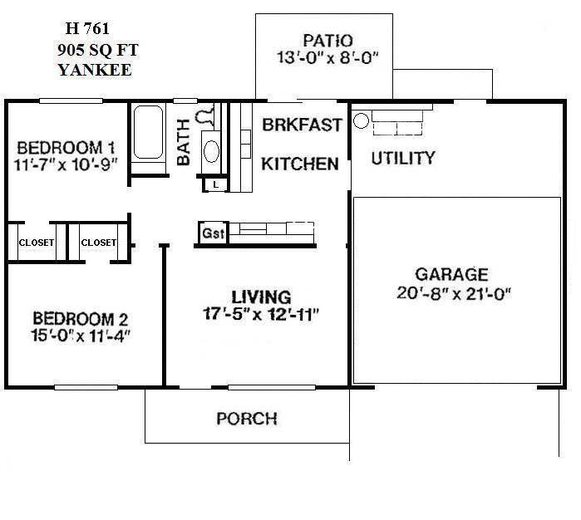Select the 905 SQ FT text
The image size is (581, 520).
(92, 52)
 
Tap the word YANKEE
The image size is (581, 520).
(95, 70)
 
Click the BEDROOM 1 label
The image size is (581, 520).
(66, 147)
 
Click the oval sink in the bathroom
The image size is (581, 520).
(211, 151)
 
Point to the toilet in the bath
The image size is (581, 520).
(206, 116)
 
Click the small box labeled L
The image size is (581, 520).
(215, 184)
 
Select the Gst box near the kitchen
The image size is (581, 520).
(213, 233)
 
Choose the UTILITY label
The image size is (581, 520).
(402, 158)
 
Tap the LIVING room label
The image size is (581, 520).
(261, 297)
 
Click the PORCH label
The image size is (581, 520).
(246, 418)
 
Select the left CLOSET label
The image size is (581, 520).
(36, 243)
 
